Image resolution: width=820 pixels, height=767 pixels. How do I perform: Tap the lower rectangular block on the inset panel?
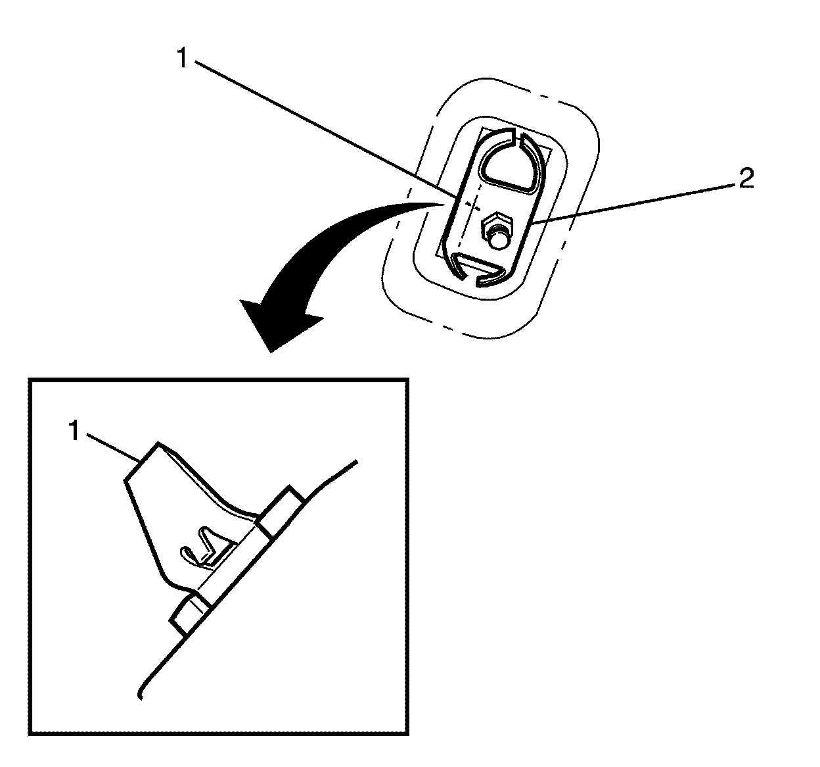tap(189, 613)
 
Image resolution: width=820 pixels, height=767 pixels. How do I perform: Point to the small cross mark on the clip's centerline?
tap(468, 205)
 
